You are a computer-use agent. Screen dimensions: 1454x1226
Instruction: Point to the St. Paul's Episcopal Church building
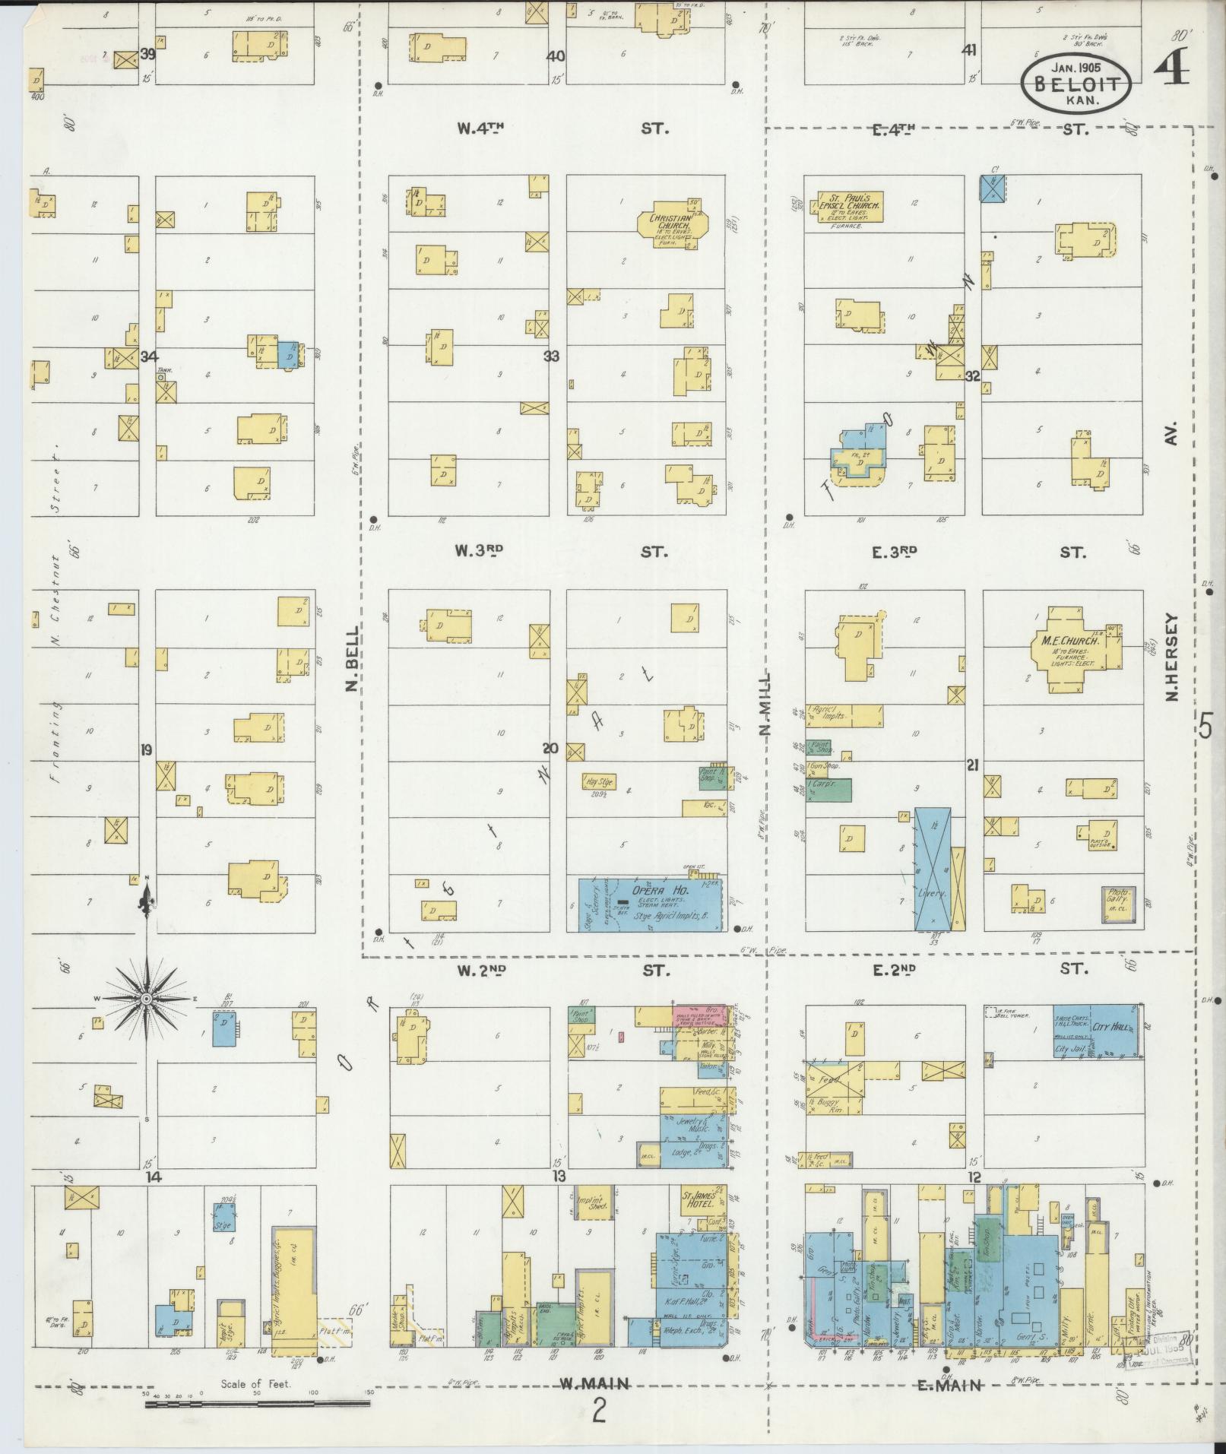click(850, 206)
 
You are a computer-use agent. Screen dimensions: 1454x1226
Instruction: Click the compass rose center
click(144, 998)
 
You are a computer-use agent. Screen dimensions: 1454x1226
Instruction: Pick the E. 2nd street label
click(894, 970)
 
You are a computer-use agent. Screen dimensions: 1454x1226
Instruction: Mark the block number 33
click(551, 356)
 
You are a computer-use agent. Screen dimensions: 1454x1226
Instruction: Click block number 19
click(146, 750)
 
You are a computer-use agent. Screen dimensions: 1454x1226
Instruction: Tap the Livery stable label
click(933, 893)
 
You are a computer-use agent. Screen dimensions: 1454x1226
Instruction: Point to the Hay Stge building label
click(599, 781)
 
